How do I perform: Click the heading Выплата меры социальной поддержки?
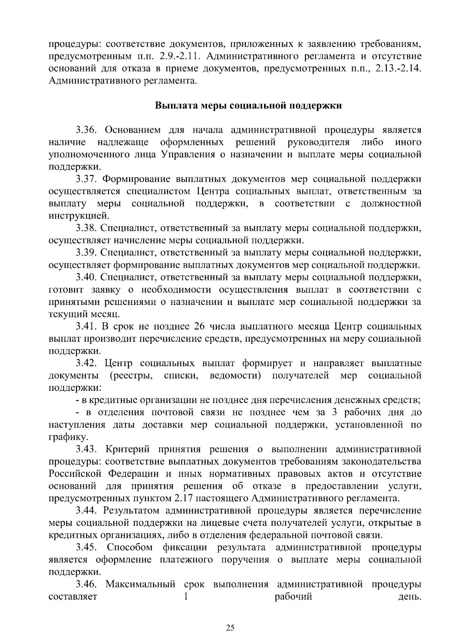point(249,106)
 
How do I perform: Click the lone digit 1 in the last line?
point(185,597)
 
